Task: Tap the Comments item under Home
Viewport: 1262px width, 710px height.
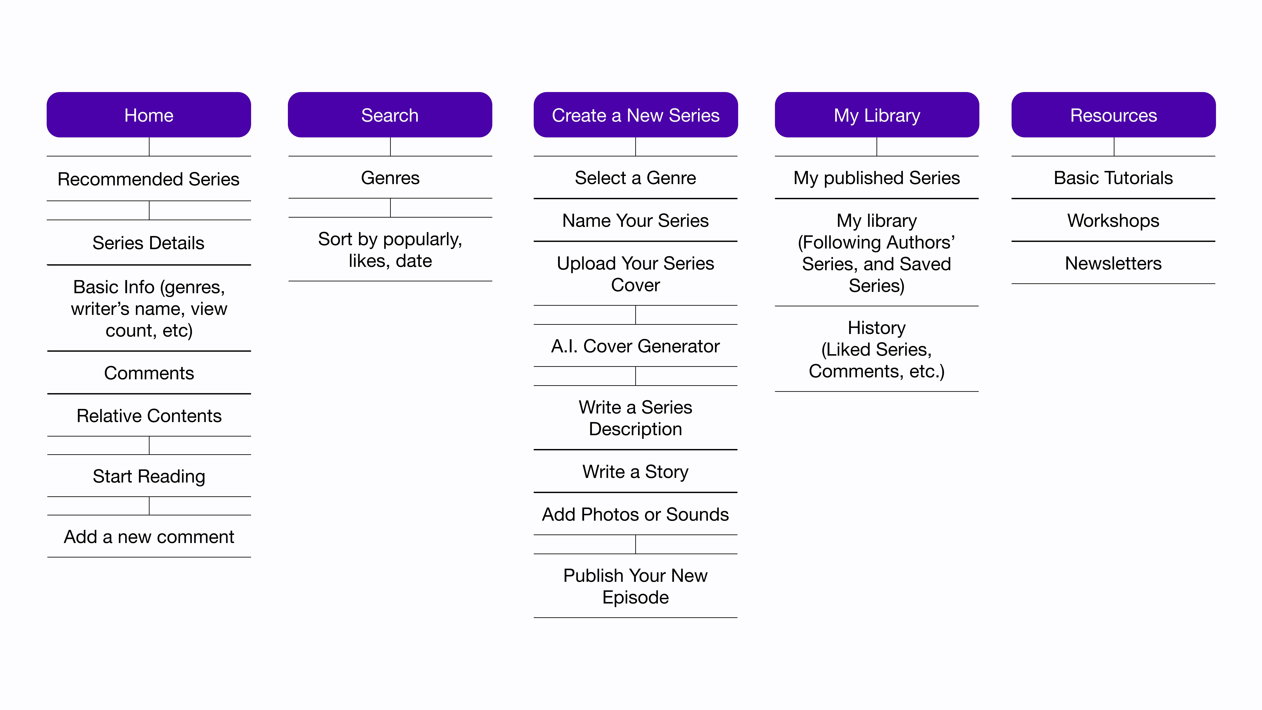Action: [x=149, y=373]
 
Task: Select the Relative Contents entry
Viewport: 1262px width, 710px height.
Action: [x=149, y=415]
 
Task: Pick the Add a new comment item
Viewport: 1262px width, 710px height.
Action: [x=149, y=537]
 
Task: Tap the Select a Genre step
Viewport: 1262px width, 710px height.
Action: [x=635, y=177]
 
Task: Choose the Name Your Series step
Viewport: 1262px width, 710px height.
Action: [x=635, y=221]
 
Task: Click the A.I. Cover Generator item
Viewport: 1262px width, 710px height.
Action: [x=635, y=346]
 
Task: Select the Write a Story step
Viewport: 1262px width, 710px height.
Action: [x=635, y=471]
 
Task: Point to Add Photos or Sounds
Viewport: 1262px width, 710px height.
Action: [x=635, y=514]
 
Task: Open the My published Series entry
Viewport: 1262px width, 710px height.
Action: [x=877, y=177]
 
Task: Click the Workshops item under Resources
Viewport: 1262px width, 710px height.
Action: [x=1114, y=221]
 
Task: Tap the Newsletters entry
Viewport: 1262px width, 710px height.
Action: [x=1114, y=263]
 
